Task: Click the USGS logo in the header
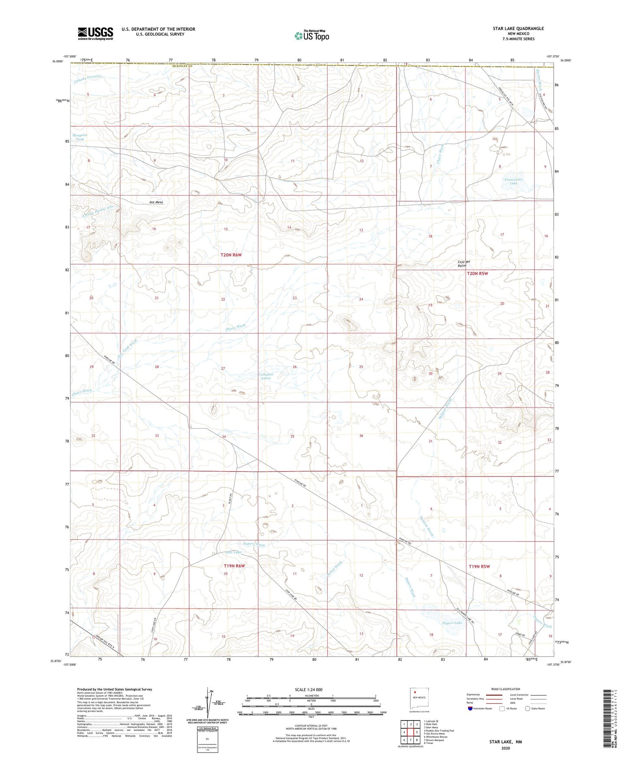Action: click(95, 33)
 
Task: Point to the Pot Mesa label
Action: click(156, 202)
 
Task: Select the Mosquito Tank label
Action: click(80, 137)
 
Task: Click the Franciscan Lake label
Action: click(513, 181)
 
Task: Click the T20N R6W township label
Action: click(230, 255)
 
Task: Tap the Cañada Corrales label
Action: click(87, 78)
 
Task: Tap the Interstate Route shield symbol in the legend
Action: click(471, 708)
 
